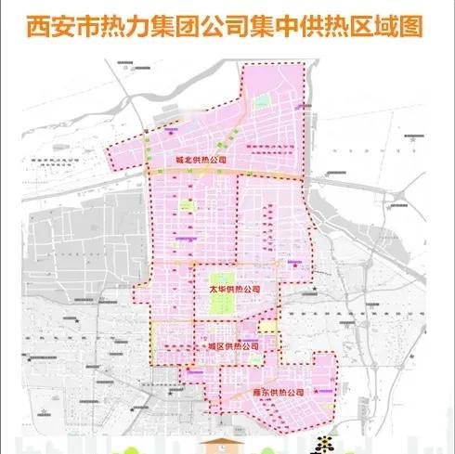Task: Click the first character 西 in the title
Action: (41, 24)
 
